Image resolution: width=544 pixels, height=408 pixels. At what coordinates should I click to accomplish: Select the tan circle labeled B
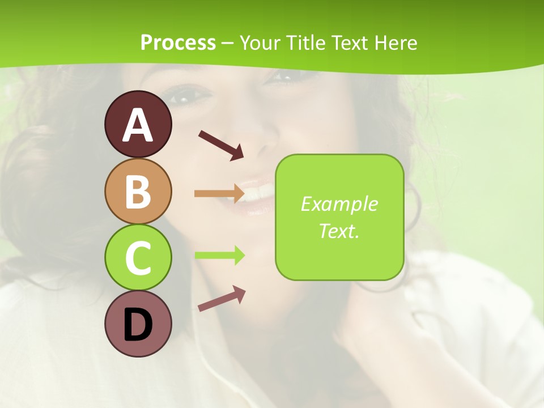[x=138, y=192]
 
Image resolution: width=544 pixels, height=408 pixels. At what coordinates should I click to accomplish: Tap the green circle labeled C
[x=138, y=257]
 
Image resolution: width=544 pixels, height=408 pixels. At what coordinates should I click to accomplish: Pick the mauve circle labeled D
[x=138, y=324]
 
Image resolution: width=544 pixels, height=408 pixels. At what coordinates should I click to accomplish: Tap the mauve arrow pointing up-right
[x=222, y=298]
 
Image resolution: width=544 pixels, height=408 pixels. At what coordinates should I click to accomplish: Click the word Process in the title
[x=178, y=42]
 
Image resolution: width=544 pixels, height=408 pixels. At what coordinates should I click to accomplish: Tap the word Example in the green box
[x=339, y=204]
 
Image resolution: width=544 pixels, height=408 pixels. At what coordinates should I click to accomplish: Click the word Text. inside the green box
[x=339, y=231]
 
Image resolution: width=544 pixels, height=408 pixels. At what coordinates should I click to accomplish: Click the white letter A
[x=138, y=125]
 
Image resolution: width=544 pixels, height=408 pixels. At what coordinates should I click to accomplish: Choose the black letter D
[x=138, y=325]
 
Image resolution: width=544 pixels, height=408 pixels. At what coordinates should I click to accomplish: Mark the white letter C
[x=138, y=258]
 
